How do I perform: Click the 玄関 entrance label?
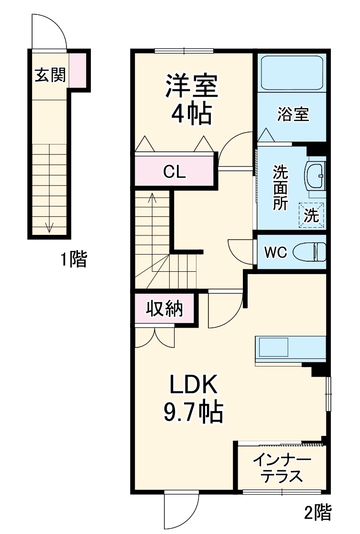click(50, 75)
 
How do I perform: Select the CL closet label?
click(174, 172)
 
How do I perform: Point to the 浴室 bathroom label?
click(293, 114)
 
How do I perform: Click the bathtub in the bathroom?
click(292, 73)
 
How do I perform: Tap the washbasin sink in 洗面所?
click(315, 176)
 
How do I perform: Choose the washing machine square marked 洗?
click(311, 215)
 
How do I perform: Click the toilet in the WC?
click(309, 252)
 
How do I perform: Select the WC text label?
click(275, 252)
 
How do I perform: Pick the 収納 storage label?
click(164, 309)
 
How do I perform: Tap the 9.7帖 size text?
click(193, 412)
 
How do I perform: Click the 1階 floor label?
click(74, 259)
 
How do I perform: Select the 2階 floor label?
click(317, 512)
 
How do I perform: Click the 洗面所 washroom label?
click(280, 188)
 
